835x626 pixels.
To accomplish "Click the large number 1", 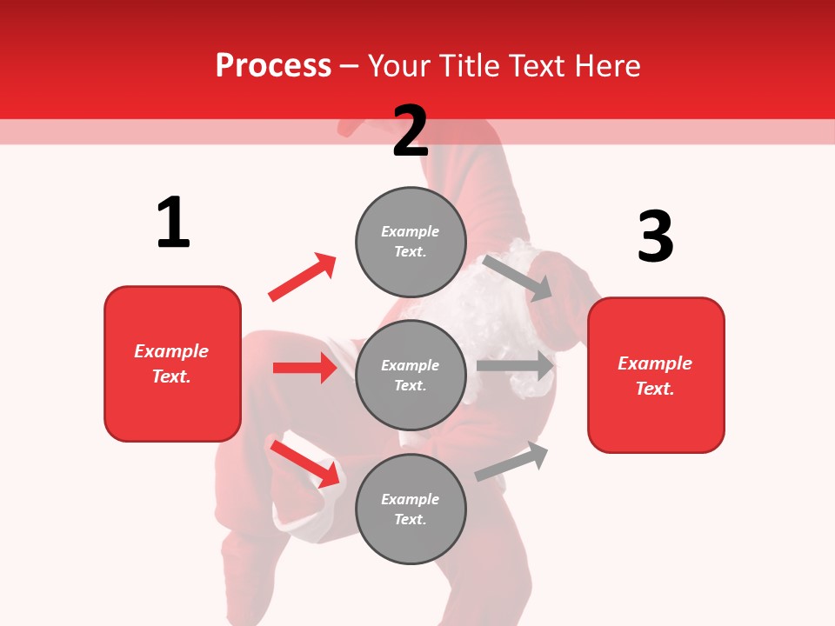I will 173,223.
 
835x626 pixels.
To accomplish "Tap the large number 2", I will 411,131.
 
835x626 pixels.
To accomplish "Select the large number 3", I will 655,236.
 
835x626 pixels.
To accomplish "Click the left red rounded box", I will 172,363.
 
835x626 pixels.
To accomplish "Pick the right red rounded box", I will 656,375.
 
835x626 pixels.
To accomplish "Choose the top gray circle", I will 411,242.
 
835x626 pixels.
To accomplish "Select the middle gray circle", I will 411,375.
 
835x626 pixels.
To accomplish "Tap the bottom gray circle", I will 411,509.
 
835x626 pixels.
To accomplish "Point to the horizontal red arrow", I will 304,368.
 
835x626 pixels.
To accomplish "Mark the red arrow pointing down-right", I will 305,463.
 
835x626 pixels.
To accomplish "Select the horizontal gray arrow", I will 515,366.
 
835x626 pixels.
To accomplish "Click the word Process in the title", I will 273,65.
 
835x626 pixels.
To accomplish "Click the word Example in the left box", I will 171,351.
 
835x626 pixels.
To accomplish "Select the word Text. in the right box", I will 655,389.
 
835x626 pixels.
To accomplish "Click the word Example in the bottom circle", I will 411,499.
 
